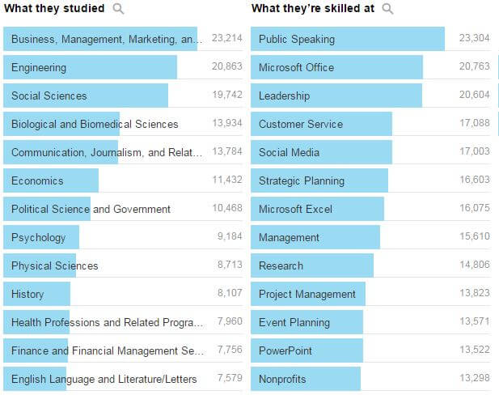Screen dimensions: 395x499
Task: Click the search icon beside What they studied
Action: click(119, 9)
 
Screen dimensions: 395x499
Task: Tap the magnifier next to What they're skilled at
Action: click(387, 9)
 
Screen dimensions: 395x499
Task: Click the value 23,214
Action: click(226, 39)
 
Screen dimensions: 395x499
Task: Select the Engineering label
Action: click(39, 67)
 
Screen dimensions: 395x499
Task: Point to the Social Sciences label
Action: click(49, 96)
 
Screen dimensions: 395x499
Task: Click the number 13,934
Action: click(226, 124)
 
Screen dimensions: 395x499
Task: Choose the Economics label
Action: click(37, 181)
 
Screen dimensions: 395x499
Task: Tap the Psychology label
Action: click(39, 237)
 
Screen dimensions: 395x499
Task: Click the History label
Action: click(27, 294)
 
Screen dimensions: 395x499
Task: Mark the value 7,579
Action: click(230, 379)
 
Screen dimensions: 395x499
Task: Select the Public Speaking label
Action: click(296, 39)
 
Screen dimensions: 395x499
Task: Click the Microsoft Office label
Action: click(296, 67)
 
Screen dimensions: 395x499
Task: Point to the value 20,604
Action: click(474, 96)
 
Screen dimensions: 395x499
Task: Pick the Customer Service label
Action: click(301, 124)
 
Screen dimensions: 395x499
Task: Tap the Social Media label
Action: click(289, 152)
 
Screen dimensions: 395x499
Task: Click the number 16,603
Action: click(474, 181)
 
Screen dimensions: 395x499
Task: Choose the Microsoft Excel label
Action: click(295, 209)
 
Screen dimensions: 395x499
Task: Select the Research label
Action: click(281, 265)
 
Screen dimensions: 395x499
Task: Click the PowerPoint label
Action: click(285, 350)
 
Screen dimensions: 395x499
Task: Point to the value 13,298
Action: click(474, 379)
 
